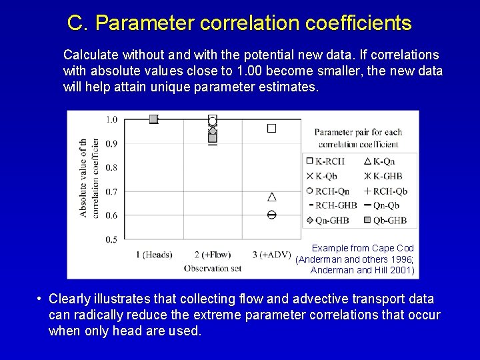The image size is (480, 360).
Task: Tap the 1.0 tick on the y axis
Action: (x=111, y=119)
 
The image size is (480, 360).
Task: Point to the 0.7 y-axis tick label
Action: (x=111, y=191)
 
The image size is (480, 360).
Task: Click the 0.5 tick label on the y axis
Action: (x=111, y=239)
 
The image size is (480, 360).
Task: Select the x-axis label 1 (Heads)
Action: (x=154, y=254)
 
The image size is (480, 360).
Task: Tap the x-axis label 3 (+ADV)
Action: (x=272, y=254)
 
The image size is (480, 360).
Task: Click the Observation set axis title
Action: (x=212, y=268)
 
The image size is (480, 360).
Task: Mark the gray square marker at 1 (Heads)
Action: (x=153, y=119)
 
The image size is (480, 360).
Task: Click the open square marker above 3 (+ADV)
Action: (x=271, y=128)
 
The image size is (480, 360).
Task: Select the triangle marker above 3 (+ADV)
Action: (x=271, y=197)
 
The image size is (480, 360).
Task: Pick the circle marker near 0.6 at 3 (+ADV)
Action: (x=271, y=215)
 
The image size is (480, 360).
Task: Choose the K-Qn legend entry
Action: (x=379, y=161)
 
